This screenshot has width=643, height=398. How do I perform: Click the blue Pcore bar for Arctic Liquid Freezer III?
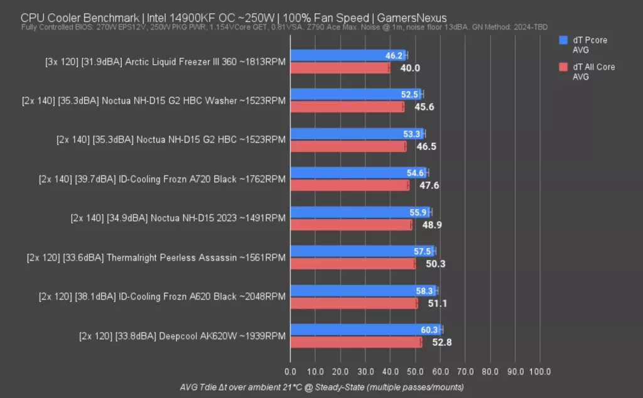[x=348, y=55]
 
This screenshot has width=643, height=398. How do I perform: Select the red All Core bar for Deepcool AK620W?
[x=355, y=342]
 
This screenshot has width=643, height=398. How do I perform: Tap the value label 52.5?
[x=409, y=94]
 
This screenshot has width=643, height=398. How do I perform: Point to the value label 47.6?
[x=427, y=185]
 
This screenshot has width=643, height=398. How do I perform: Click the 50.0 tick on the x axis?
[x=415, y=372]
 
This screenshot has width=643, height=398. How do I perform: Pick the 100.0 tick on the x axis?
[x=539, y=372]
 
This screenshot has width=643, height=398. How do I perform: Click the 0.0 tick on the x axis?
[x=290, y=372]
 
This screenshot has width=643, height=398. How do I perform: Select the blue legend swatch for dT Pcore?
[x=563, y=41]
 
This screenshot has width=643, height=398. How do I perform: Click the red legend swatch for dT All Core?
[x=563, y=67]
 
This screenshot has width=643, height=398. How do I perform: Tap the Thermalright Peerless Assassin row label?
[x=156, y=257]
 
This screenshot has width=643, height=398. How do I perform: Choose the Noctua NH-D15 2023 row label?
[x=178, y=218]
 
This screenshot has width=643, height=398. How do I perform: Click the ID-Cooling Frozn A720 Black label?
[x=162, y=179]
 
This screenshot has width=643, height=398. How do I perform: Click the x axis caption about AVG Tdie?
[x=321, y=387]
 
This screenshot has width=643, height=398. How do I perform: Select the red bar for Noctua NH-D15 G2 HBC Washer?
[x=347, y=107]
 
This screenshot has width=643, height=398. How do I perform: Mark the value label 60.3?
[x=429, y=330]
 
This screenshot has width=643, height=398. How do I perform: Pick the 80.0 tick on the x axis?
[x=490, y=372]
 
